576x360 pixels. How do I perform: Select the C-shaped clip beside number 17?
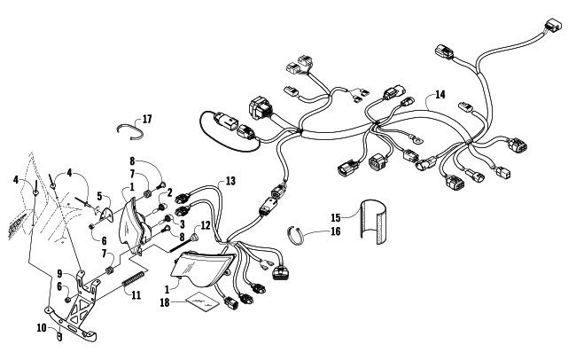point(131,130)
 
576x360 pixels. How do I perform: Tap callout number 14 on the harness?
point(439,94)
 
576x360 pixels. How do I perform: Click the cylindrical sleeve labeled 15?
point(373,223)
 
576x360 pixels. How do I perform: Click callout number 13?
point(230,181)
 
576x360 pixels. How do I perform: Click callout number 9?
point(59,273)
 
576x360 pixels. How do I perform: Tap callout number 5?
point(100,197)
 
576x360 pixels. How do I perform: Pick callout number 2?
point(168,192)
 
